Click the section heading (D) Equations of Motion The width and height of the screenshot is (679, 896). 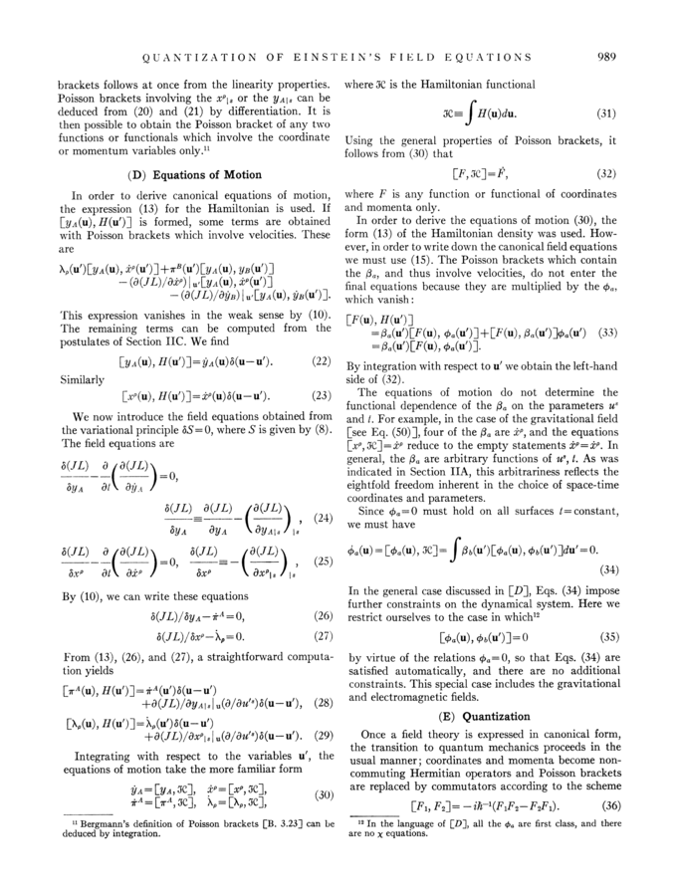pos(179,175)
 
